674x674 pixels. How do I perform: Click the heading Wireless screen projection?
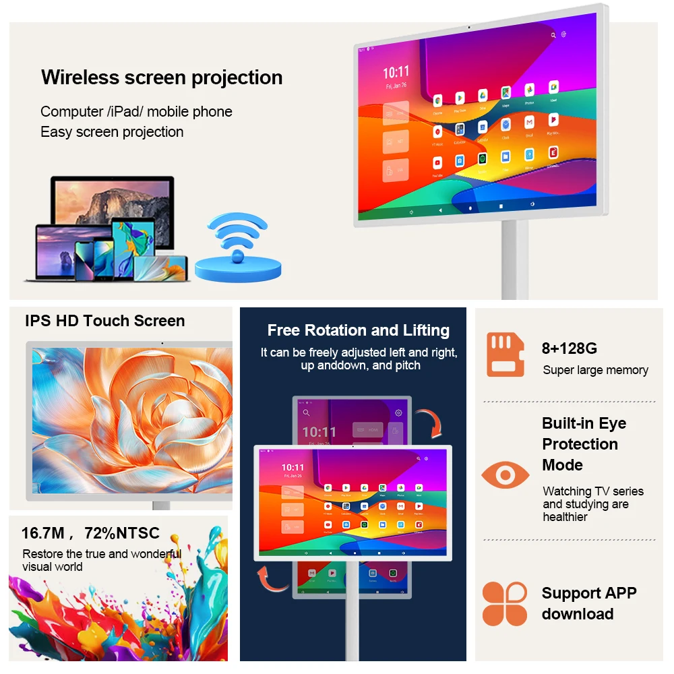click(x=162, y=78)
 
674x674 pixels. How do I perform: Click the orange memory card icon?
click(x=505, y=355)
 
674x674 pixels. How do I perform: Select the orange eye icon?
click(x=505, y=476)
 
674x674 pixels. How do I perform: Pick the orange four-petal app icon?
click(x=505, y=604)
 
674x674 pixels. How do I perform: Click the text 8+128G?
click(x=570, y=348)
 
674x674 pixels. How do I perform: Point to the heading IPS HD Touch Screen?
click(x=105, y=321)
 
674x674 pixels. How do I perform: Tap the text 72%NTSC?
click(x=122, y=533)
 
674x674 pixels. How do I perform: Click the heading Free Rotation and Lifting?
click(x=358, y=330)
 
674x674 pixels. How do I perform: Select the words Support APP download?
click(x=588, y=603)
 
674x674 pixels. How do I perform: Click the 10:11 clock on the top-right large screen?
click(x=396, y=72)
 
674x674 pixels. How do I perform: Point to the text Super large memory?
click(x=595, y=370)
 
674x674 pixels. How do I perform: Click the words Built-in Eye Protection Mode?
click(x=584, y=444)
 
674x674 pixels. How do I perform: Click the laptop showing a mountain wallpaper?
click(x=113, y=202)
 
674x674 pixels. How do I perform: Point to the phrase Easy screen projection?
click(x=112, y=132)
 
